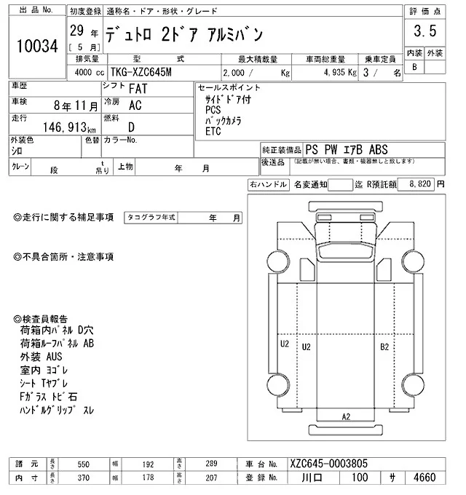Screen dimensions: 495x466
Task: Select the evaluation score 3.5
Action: click(424, 31)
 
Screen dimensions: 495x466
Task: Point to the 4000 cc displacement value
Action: click(87, 73)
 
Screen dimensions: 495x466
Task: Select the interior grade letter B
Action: click(414, 67)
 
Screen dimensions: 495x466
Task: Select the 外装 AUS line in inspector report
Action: click(42, 357)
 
